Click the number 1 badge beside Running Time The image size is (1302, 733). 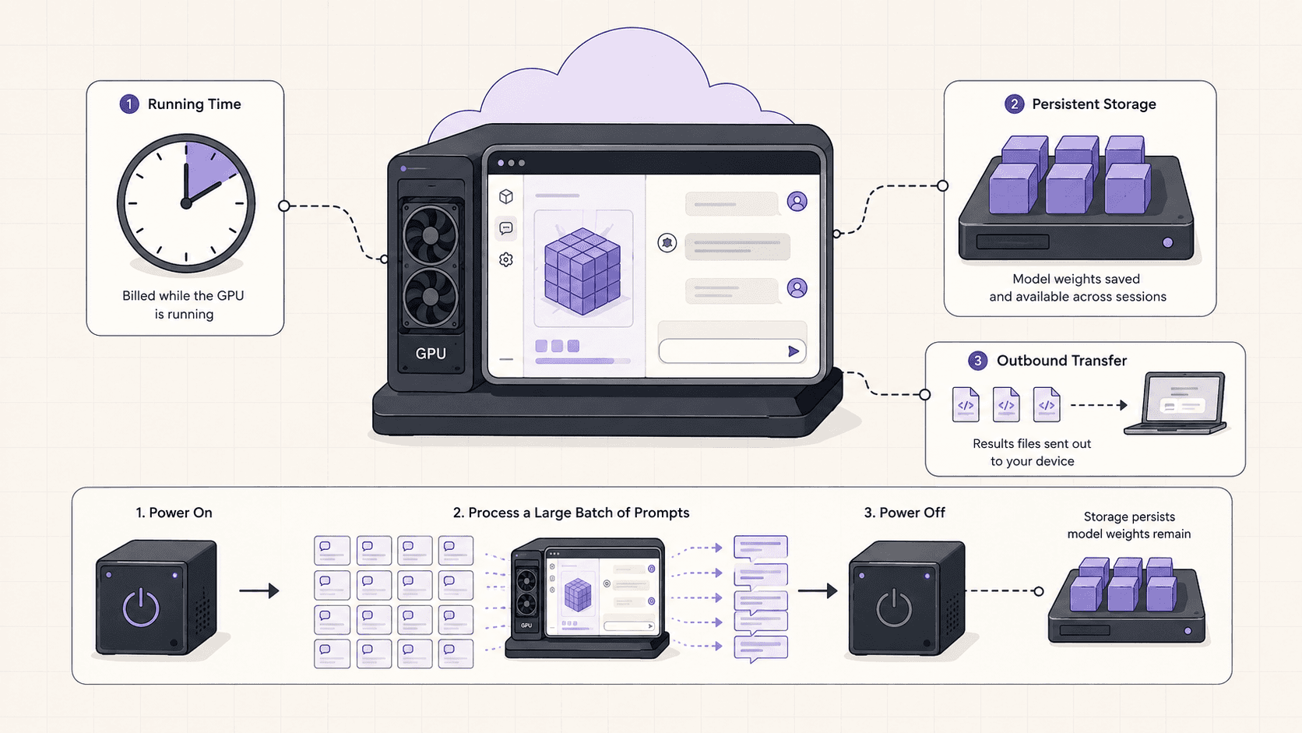coord(129,104)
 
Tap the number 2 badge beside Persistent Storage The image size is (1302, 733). coord(1015,104)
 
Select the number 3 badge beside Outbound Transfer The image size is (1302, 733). coord(977,361)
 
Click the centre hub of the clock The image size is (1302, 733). coord(186,203)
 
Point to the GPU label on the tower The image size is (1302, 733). coord(431,354)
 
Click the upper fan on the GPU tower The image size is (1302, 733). coord(430,234)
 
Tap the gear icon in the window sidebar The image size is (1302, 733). coord(505,259)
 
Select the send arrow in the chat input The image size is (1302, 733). coord(794,351)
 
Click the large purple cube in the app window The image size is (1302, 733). coord(582,271)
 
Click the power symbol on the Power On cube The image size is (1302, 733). coord(141,608)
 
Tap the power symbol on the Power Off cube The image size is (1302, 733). coord(893,608)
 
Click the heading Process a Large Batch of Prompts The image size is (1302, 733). coord(571,513)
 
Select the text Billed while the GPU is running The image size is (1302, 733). coord(183,305)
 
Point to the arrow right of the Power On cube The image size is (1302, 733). coord(259,590)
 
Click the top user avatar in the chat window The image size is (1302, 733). coord(797,201)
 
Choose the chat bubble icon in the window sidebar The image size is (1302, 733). coord(505,228)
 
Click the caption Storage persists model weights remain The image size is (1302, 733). coord(1129,525)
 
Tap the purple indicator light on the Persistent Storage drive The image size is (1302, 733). coord(1168,242)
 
